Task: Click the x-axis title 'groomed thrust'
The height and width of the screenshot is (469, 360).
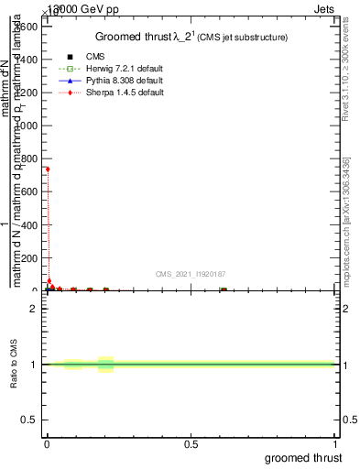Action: point(306,457)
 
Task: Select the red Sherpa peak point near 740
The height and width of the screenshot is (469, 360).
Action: point(48,169)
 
